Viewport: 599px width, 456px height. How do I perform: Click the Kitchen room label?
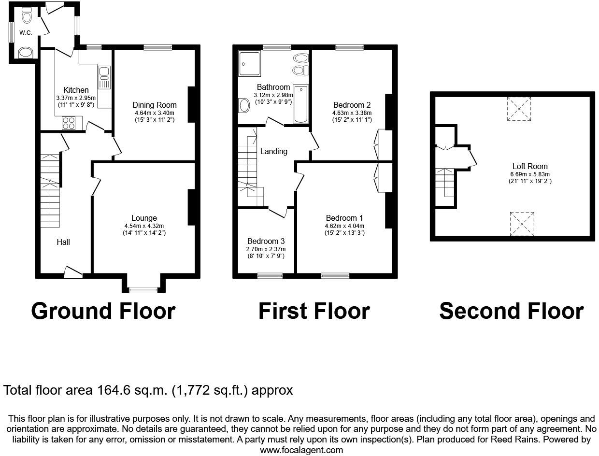[76, 90]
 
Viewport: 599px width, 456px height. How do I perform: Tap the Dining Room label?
[155, 105]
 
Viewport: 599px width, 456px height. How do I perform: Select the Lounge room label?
[144, 218]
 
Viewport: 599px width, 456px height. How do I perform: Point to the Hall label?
[63, 242]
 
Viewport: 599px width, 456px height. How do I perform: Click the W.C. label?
[26, 33]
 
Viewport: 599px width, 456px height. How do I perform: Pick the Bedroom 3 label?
[266, 241]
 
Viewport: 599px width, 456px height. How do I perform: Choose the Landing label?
[274, 151]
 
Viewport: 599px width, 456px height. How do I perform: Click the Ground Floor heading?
[103, 311]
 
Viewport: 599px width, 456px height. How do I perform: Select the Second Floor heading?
[511, 311]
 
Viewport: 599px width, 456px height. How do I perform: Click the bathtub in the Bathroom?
[300, 104]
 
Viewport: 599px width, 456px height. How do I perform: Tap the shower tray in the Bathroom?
[250, 63]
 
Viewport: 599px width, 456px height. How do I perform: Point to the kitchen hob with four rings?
[69, 123]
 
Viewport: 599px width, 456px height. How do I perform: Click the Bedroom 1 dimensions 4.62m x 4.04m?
[344, 226]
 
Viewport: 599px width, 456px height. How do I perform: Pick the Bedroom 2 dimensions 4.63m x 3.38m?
[352, 113]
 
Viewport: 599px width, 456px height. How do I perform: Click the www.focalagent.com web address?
[301, 450]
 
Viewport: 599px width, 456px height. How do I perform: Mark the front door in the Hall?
[73, 273]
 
